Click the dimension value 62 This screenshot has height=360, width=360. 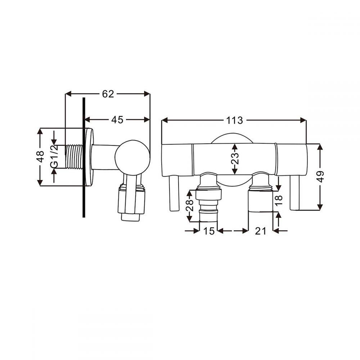pyautogui.click(x=108, y=94)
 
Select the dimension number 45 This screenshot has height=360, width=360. pyautogui.click(x=117, y=120)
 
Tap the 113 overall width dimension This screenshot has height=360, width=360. pyautogui.click(x=235, y=120)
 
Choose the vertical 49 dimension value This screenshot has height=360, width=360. pyautogui.click(x=320, y=176)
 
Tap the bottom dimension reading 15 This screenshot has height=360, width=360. pyautogui.click(x=210, y=231)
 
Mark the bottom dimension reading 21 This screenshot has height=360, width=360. pyautogui.click(x=260, y=231)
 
